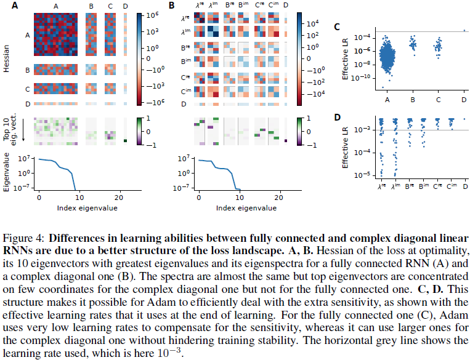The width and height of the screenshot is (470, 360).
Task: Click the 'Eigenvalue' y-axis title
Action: [6, 174]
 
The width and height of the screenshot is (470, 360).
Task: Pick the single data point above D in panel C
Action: [463, 31]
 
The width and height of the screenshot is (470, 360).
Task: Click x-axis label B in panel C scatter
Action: [412, 100]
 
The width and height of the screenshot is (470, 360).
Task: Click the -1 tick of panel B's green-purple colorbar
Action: [311, 146]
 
